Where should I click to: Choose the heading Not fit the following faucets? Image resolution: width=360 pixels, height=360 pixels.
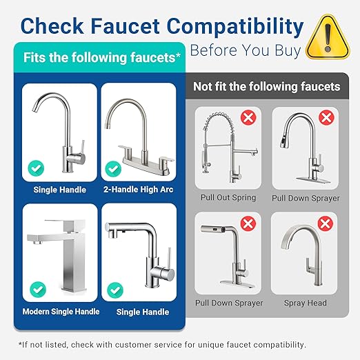tap(267, 86)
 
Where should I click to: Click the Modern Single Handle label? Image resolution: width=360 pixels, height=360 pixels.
tap(61, 312)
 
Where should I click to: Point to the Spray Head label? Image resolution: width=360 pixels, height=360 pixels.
tap(305, 303)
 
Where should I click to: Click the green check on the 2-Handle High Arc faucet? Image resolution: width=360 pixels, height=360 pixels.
tap(112, 168)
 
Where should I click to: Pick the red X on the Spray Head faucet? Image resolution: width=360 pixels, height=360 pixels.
tap(326, 223)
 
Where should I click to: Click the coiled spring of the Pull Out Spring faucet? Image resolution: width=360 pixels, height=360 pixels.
tap(218, 135)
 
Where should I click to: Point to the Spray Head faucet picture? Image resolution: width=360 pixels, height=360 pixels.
tap(306, 258)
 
